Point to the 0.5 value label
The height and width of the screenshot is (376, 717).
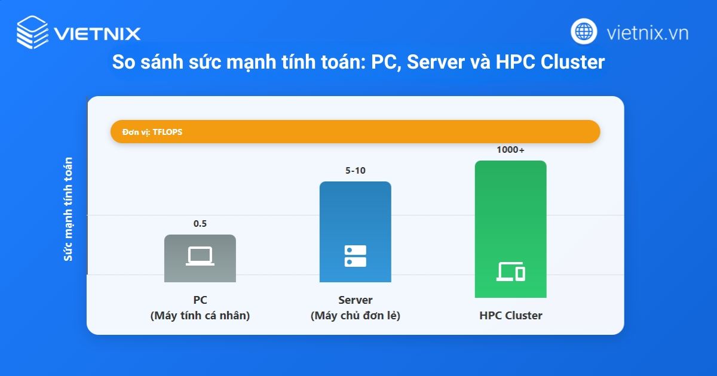pyautogui.click(x=200, y=224)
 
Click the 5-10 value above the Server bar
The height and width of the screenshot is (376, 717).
pyautogui.click(x=355, y=171)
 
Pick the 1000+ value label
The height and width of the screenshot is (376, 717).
pyautogui.click(x=510, y=150)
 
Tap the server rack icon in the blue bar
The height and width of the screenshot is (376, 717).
pyautogui.click(x=355, y=256)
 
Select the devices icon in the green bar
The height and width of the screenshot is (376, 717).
pyautogui.click(x=510, y=272)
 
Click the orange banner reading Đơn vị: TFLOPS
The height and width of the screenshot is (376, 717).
pyautogui.click(x=355, y=132)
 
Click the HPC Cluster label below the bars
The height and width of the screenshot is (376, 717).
pyautogui.click(x=510, y=316)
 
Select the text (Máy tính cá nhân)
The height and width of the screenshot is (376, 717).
pyautogui.click(x=200, y=316)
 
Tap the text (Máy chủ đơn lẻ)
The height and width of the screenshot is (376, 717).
pyautogui.click(x=355, y=316)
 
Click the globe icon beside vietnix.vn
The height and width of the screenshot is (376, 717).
pyautogui.click(x=584, y=32)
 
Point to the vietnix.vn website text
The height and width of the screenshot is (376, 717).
pyautogui.click(x=647, y=32)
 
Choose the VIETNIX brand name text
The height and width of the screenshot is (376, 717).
pyautogui.click(x=97, y=33)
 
